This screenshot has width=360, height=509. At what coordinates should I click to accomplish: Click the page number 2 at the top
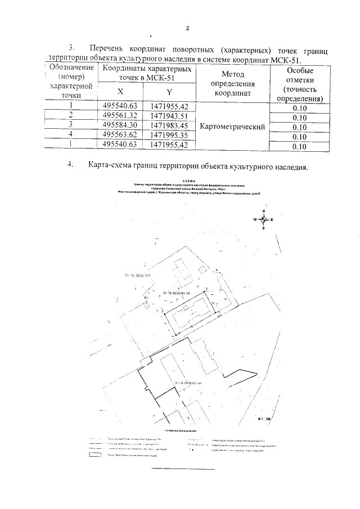tap(187, 29)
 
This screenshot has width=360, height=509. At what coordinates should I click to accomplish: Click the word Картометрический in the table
tap(232, 127)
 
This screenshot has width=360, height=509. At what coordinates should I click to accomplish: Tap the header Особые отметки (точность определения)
tap(300, 84)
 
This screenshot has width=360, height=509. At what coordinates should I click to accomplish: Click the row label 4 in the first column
tap(71, 136)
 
